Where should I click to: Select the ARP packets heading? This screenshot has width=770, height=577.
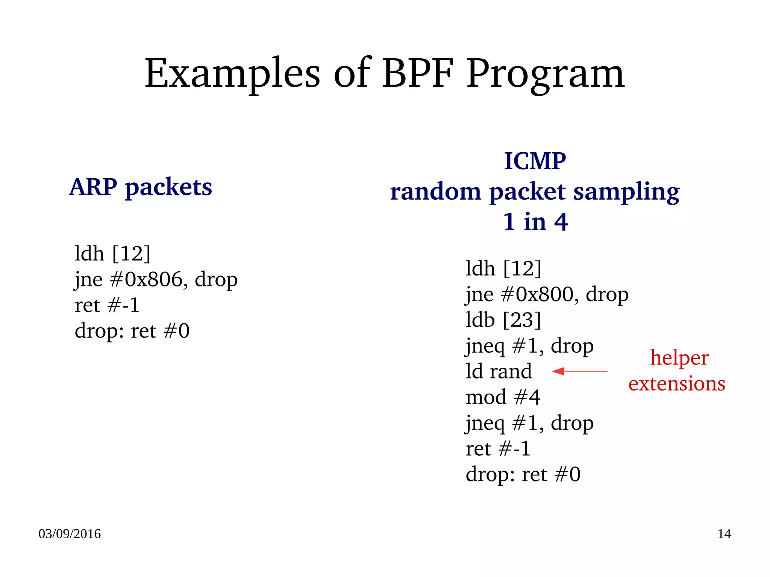point(141,187)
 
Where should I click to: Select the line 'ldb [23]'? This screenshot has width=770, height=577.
point(503,320)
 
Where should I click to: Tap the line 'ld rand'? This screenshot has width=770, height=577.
point(499,371)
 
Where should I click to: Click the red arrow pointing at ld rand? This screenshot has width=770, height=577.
point(579,371)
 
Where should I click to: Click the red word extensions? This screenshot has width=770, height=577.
point(677,384)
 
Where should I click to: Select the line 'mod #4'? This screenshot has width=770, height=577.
point(503,397)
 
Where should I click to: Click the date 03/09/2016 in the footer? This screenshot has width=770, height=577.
point(70,534)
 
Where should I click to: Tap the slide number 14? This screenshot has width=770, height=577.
point(724,534)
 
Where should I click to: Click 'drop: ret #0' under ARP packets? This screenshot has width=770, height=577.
point(132,331)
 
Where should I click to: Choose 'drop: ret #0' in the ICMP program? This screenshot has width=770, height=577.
point(523,474)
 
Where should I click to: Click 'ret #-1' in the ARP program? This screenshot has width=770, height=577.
point(107,305)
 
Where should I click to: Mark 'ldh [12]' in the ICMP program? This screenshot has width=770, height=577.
point(503,268)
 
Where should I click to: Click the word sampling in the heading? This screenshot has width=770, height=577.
point(626,192)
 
